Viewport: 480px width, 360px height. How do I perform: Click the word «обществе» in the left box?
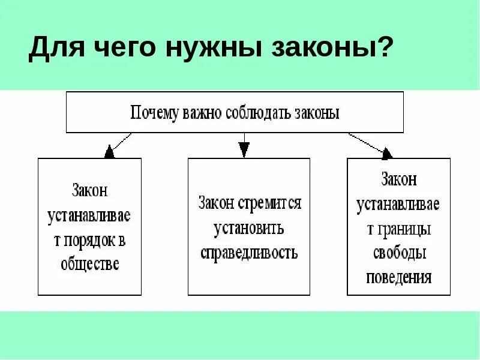[90, 264]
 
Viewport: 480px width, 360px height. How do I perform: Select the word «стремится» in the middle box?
[269, 203]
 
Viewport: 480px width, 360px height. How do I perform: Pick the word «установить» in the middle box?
[249, 228]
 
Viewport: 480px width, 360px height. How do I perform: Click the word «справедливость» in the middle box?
[249, 252]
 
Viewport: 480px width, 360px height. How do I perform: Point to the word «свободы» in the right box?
[398, 253]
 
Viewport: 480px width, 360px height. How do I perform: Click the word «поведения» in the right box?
[398, 277]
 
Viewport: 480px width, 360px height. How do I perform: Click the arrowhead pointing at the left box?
[109, 152]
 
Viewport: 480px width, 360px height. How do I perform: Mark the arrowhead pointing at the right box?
[386, 153]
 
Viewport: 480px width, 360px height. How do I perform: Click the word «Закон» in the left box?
[89, 191]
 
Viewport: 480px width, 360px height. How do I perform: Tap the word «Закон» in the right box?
[398, 179]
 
